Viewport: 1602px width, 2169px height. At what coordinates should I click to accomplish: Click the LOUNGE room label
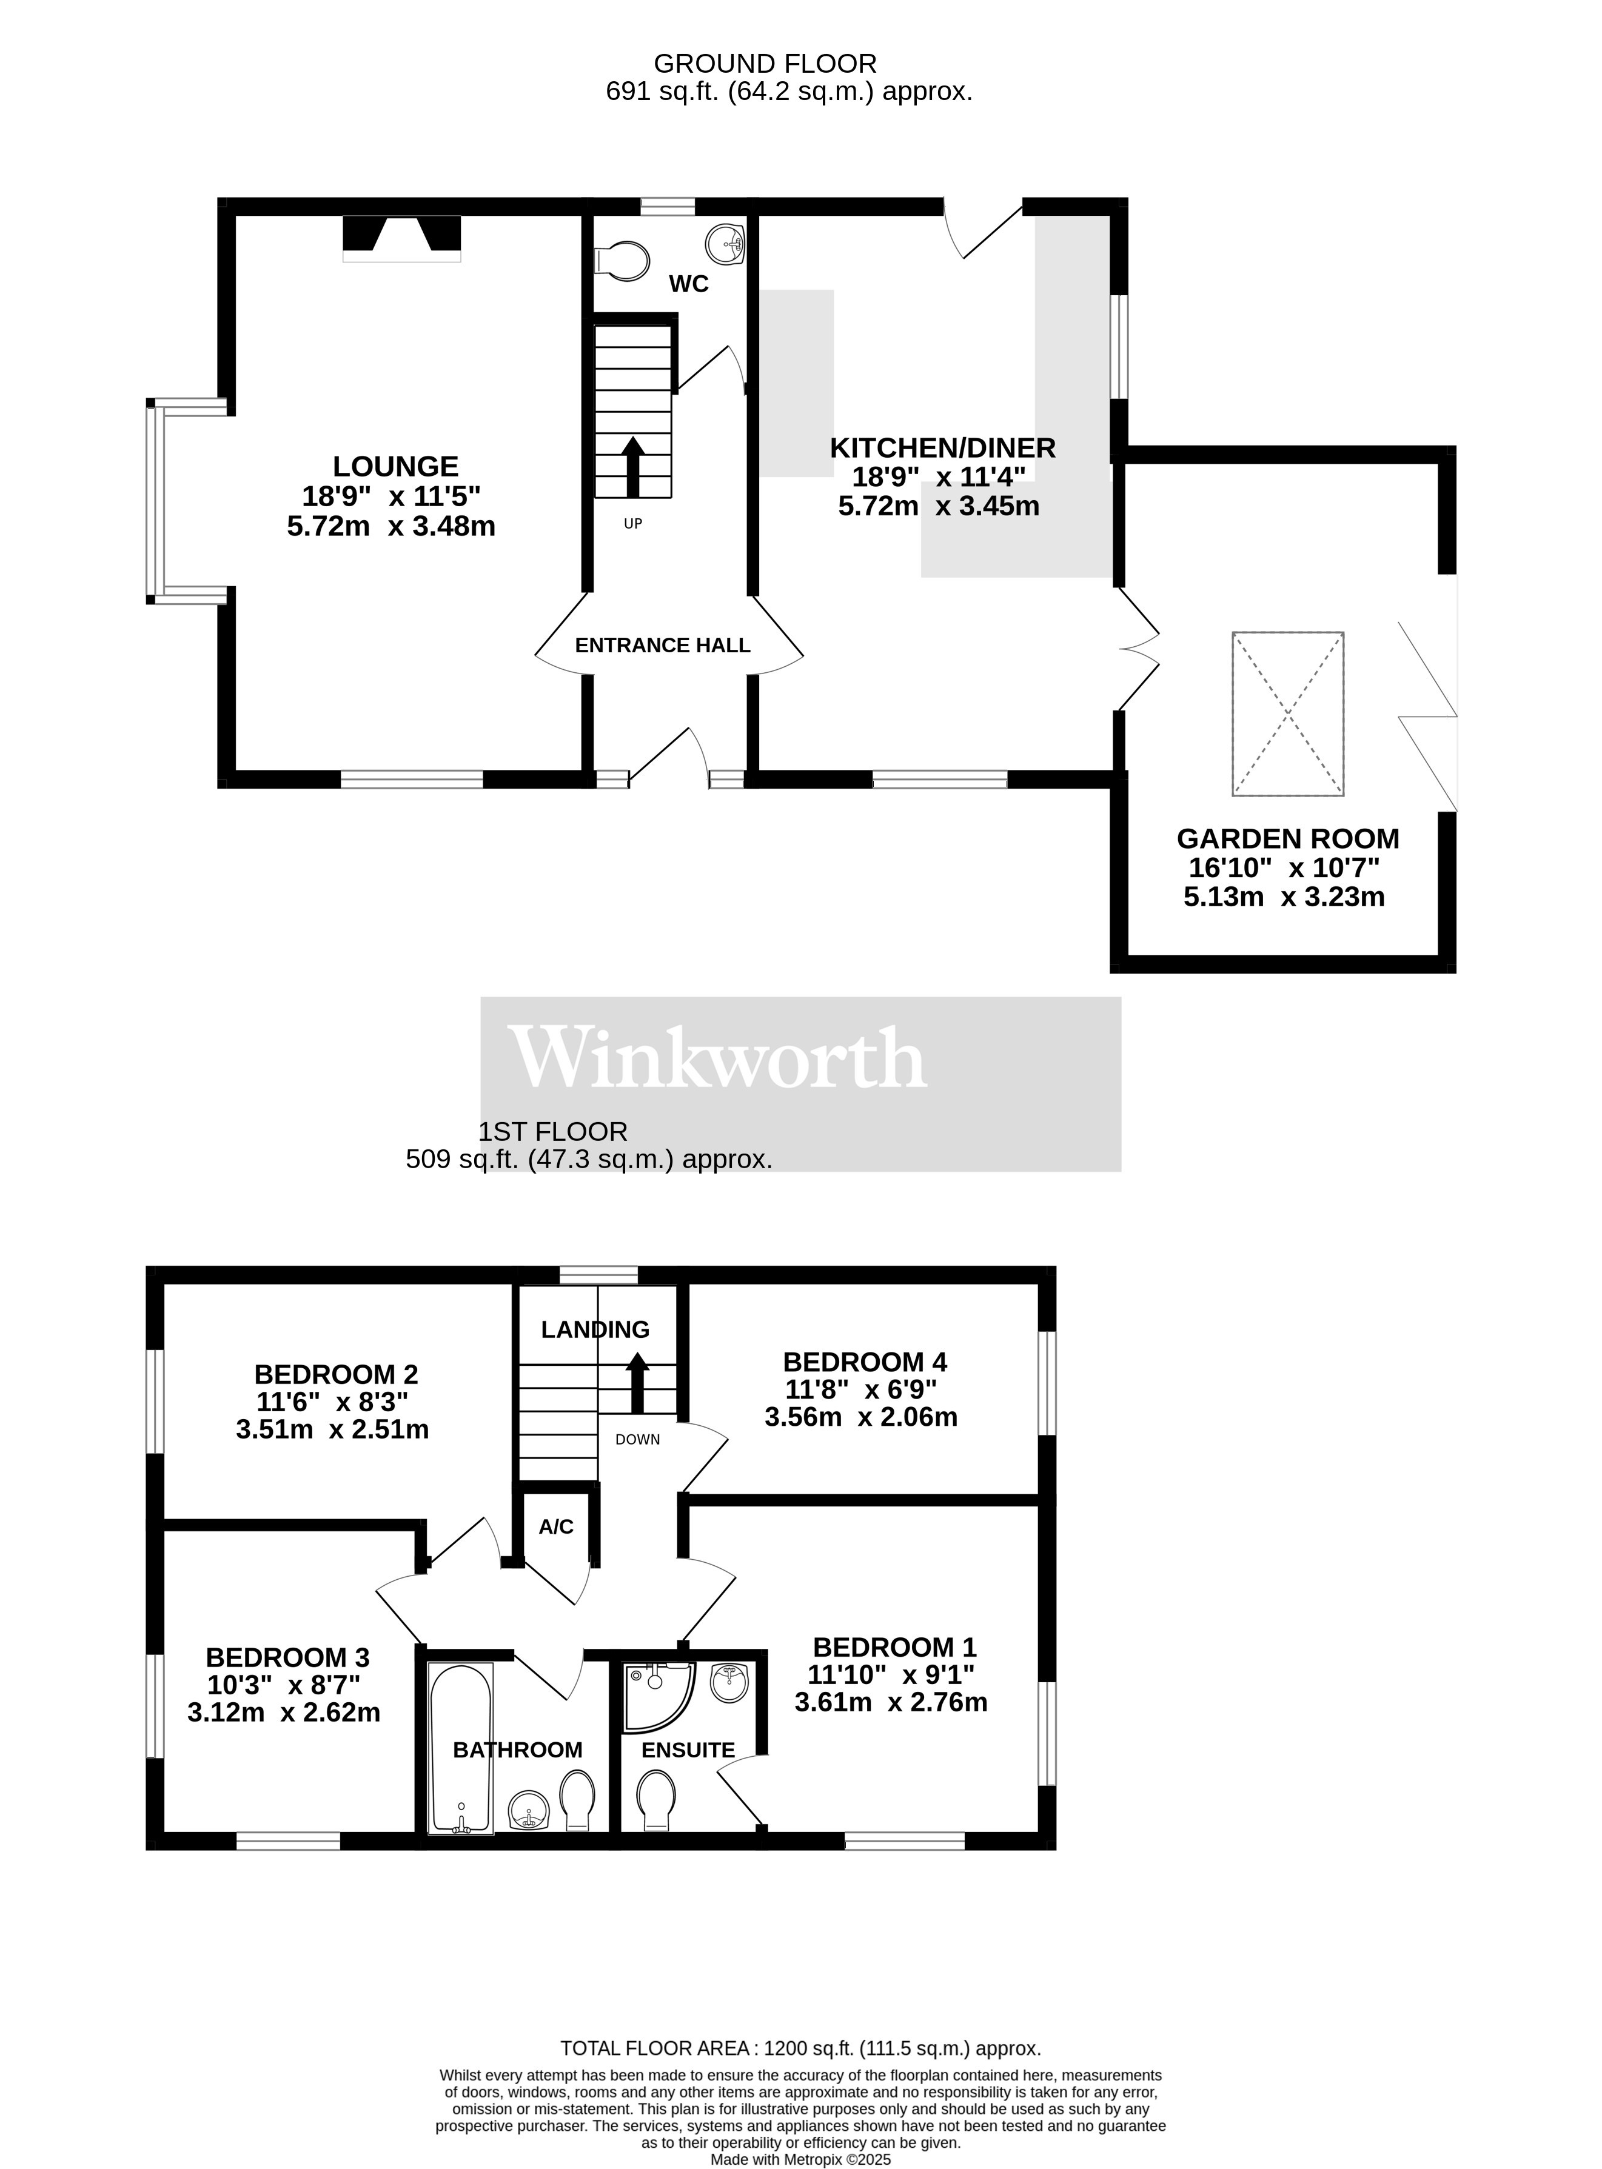point(396,466)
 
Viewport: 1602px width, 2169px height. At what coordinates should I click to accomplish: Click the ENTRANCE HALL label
point(662,646)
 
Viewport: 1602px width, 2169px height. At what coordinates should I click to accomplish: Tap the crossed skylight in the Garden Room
point(1288,714)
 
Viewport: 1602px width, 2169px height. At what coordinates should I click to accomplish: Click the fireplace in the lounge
point(401,238)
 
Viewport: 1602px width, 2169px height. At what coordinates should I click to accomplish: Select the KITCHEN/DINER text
point(942,448)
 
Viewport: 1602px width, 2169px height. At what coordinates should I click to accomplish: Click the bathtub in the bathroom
point(461,1749)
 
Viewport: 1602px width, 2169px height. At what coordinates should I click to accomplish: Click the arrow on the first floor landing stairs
point(637,1383)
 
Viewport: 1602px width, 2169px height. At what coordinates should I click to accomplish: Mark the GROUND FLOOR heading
point(765,64)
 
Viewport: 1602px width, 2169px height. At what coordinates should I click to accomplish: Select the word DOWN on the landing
point(637,1440)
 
